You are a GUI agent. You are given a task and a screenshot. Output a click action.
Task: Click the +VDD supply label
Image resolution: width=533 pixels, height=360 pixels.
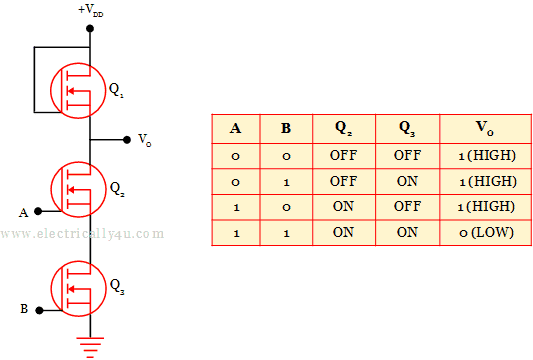coord(91,10)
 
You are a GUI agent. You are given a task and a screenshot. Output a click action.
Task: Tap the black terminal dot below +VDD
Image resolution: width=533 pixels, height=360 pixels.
coord(90,29)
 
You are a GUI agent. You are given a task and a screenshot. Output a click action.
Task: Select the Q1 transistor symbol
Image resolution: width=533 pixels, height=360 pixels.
coord(78,90)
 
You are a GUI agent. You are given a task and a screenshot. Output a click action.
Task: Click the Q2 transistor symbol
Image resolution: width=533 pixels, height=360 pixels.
coord(78,189)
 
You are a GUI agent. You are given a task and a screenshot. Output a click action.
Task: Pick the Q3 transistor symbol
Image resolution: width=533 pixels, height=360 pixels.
coord(78,289)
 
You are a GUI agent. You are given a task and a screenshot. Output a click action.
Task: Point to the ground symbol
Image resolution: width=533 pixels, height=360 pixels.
coord(90,347)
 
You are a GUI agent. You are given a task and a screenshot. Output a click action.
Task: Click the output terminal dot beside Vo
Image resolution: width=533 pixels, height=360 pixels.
coord(127,140)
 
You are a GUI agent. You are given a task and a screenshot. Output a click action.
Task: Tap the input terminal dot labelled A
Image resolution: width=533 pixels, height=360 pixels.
coord(38,211)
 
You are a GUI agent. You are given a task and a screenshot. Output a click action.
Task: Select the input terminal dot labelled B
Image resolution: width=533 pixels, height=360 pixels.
coord(39,310)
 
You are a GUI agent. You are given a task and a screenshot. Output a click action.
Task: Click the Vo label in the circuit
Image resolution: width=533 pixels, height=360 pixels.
coord(144,140)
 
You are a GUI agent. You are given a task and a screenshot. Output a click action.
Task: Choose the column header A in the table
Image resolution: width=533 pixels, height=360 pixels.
coord(236,128)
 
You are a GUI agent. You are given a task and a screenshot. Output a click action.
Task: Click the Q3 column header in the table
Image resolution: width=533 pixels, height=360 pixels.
coord(407,129)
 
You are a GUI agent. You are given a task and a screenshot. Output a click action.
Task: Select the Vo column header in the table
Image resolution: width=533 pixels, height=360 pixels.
coord(485,129)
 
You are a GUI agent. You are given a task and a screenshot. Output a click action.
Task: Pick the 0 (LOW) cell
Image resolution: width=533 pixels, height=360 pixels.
coord(486,233)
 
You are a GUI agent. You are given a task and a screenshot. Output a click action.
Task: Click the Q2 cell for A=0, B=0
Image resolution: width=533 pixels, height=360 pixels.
coord(343,155)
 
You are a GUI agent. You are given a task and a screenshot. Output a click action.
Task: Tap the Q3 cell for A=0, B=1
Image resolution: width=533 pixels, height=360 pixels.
coord(407,181)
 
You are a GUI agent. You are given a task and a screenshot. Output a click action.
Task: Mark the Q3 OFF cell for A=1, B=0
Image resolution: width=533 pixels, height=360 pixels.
coord(407,206)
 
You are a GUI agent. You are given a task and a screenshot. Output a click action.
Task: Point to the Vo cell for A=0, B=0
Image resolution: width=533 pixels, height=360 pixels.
coord(487,156)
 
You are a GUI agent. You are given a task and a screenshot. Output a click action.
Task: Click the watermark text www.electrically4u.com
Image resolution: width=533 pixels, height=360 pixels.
coord(82,234)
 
